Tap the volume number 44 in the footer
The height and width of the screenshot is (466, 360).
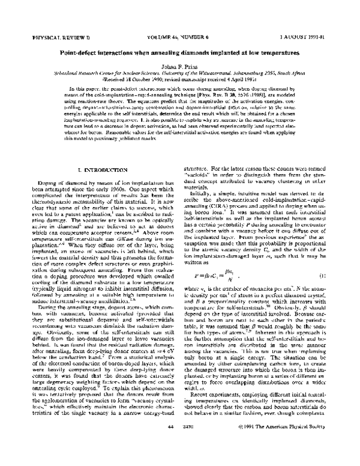pyautogui.click(x=155, y=459)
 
